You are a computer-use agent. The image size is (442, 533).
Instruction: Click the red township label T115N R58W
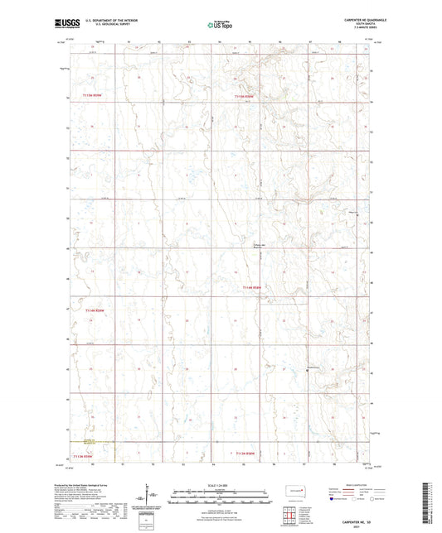pyautogui.click(x=243, y=98)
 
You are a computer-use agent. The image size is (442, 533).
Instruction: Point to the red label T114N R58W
pyautogui.click(x=252, y=287)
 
